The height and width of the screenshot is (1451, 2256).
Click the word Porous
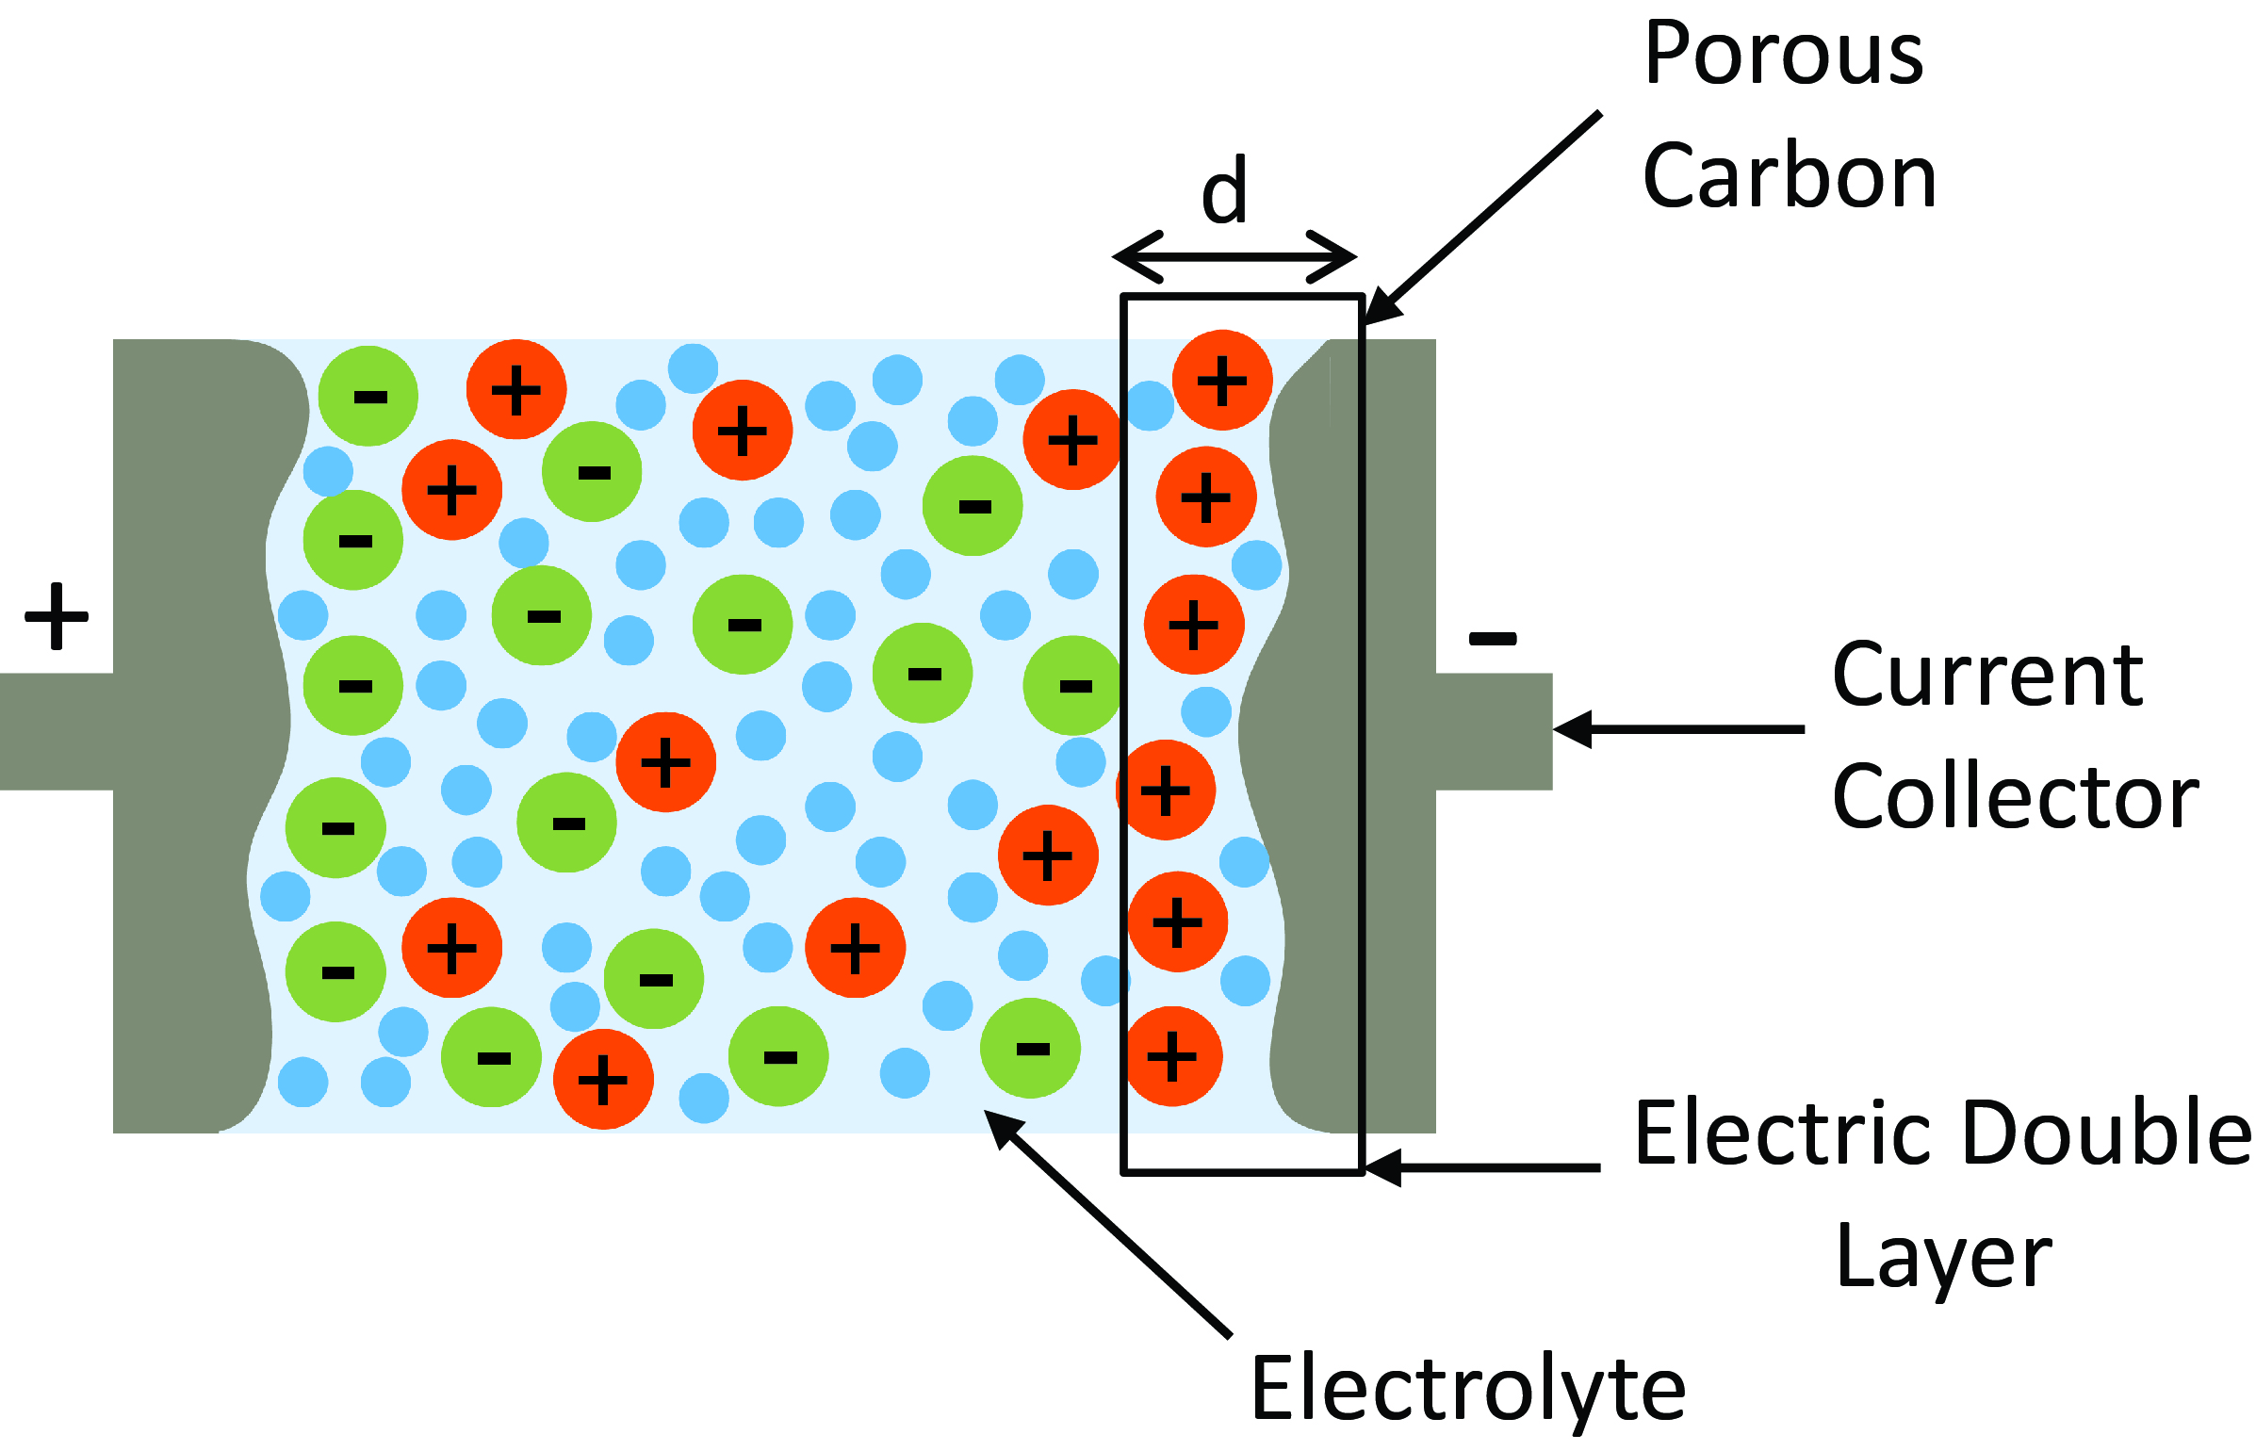click(x=1783, y=55)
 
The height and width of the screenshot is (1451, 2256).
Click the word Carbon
click(x=1789, y=177)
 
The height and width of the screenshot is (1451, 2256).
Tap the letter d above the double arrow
click(x=1224, y=191)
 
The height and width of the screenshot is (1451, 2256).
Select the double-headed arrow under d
click(x=1234, y=256)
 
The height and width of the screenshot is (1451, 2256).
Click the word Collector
click(x=2015, y=798)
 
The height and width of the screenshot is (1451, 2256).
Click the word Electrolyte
click(x=1467, y=1389)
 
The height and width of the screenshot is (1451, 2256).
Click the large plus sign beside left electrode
click(x=57, y=616)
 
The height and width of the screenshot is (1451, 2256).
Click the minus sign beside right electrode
click(x=1493, y=639)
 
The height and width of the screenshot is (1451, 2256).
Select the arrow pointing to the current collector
click(x=1677, y=729)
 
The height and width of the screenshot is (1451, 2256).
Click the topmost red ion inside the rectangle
click(x=1222, y=381)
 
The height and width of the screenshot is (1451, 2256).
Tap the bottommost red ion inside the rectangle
click(x=1173, y=1056)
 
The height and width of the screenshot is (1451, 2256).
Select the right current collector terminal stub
click(x=1494, y=731)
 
